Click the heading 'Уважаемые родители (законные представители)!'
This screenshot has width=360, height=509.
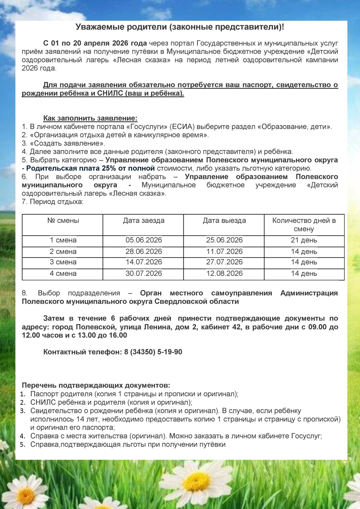click(180, 27)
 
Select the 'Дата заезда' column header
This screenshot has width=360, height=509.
click(143, 221)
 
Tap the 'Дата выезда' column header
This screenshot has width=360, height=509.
click(224, 221)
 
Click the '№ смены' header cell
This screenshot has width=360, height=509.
click(63, 221)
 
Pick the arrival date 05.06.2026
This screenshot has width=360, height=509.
click(144, 240)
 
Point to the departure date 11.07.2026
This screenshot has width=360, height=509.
click(224, 252)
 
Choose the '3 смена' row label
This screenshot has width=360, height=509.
click(63, 262)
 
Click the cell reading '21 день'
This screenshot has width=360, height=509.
click(304, 240)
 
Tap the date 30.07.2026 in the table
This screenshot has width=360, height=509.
click(144, 274)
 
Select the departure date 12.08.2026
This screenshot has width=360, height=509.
click(224, 274)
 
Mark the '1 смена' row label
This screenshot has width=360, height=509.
click(63, 240)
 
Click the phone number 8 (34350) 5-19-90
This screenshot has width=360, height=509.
click(153, 352)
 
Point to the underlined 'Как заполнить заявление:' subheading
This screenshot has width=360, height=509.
click(90, 118)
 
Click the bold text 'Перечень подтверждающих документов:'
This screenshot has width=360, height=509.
click(96, 385)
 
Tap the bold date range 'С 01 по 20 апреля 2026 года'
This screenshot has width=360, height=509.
click(95, 43)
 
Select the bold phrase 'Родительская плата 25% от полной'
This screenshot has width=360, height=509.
click(90, 168)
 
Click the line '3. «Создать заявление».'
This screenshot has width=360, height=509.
click(63, 143)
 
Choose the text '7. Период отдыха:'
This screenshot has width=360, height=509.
click(52, 202)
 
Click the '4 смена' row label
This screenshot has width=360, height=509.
click(63, 274)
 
